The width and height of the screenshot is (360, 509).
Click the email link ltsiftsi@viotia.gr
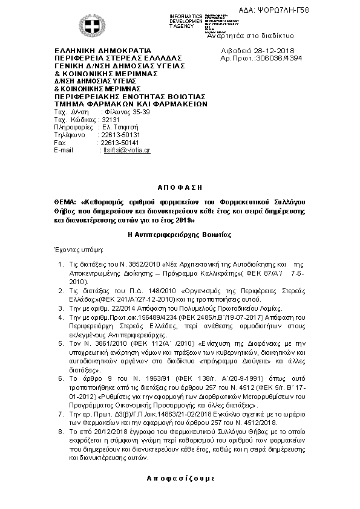click(x=127, y=150)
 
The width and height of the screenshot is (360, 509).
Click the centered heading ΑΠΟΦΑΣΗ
click(x=180, y=188)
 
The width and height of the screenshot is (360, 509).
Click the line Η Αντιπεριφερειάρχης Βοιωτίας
click(x=180, y=234)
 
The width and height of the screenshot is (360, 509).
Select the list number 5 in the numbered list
click(x=61, y=343)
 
